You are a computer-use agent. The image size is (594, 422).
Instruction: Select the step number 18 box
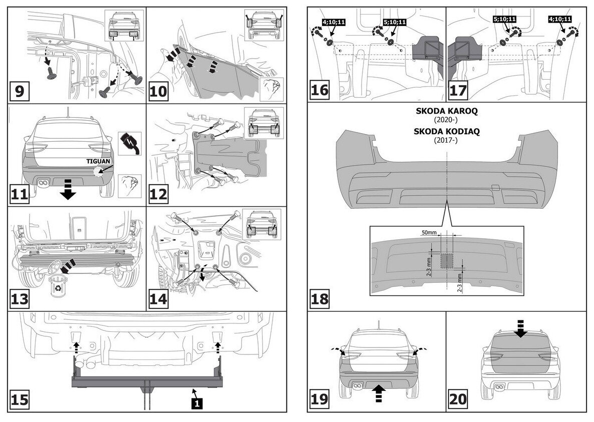click(320, 299)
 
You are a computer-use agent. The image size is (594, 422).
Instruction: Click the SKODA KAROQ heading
click(446, 112)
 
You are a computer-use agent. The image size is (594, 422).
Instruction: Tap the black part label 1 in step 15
click(197, 401)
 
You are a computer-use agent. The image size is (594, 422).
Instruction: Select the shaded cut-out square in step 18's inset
click(446, 259)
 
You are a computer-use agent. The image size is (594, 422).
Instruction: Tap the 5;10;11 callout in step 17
click(504, 20)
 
